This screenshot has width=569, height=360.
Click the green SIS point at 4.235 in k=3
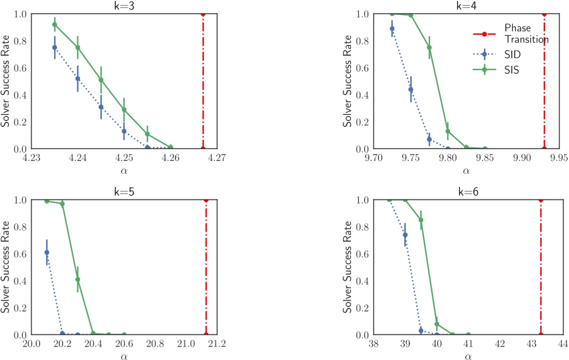[x=55, y=24]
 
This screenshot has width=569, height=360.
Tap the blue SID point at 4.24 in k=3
[x=78, y=79]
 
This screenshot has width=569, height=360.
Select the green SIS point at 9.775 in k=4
[x=429, y=48]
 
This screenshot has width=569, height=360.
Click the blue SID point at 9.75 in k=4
[x=411, y=90]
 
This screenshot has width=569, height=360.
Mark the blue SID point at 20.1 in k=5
[x=47, y=252]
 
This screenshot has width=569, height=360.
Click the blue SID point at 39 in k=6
[x=405, y=235]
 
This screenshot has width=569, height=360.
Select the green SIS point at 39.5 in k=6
[x=421, y=220]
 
